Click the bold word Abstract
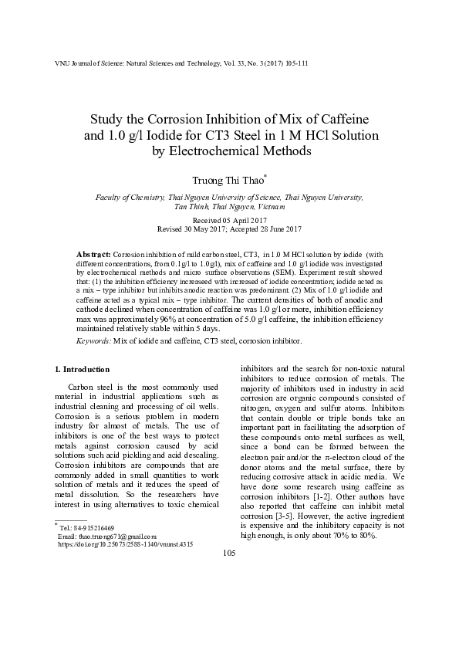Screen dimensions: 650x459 pyautogui.click(x=93, y=254)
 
